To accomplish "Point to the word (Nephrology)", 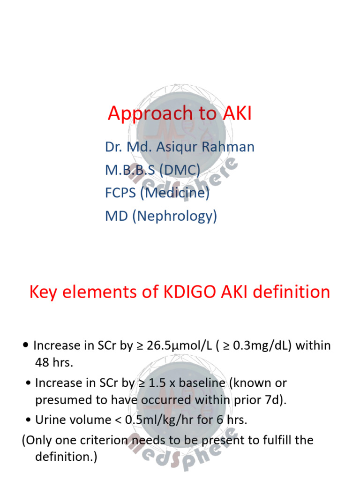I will pyautogui.click(x=175, y=216).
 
